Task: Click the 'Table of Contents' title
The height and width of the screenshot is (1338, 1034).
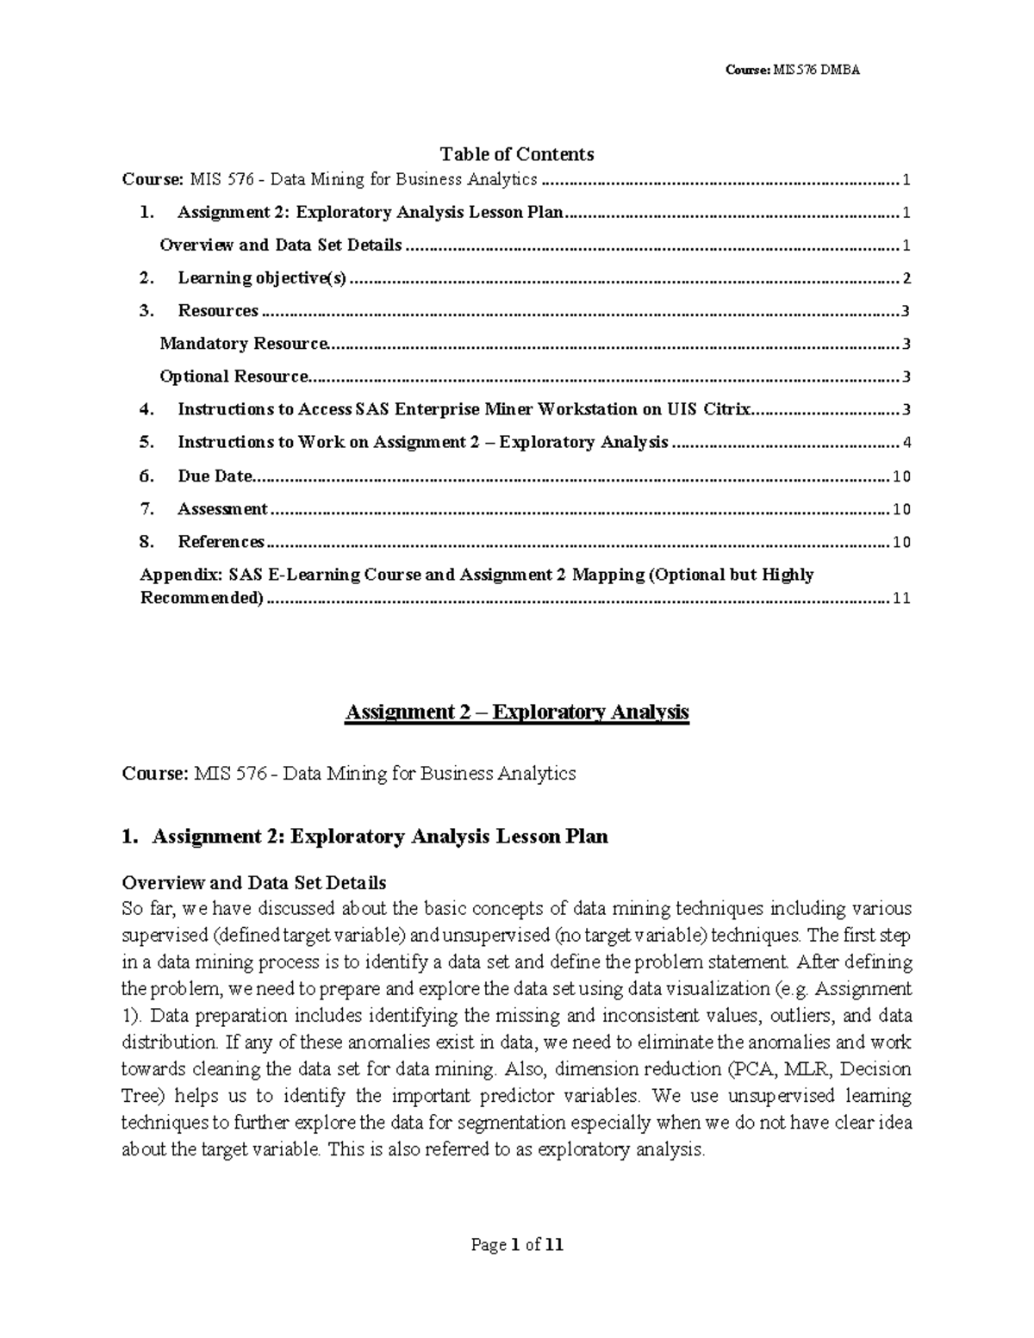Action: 516,154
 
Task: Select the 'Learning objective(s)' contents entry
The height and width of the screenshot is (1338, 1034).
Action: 261,278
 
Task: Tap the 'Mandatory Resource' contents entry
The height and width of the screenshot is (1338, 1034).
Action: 244,344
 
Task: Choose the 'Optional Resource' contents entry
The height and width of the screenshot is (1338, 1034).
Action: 234,377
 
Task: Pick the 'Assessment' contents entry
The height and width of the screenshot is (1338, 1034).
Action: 222,509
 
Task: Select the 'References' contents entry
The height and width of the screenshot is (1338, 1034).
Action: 221,542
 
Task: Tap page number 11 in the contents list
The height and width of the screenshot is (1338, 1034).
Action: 901,599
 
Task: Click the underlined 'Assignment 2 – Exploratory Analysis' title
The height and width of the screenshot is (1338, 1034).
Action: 516,713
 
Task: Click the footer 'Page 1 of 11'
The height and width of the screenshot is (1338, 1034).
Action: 516,1244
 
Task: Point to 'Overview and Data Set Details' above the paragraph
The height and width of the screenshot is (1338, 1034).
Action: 254,882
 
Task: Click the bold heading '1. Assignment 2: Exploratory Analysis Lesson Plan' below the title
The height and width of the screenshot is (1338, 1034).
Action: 365,837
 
